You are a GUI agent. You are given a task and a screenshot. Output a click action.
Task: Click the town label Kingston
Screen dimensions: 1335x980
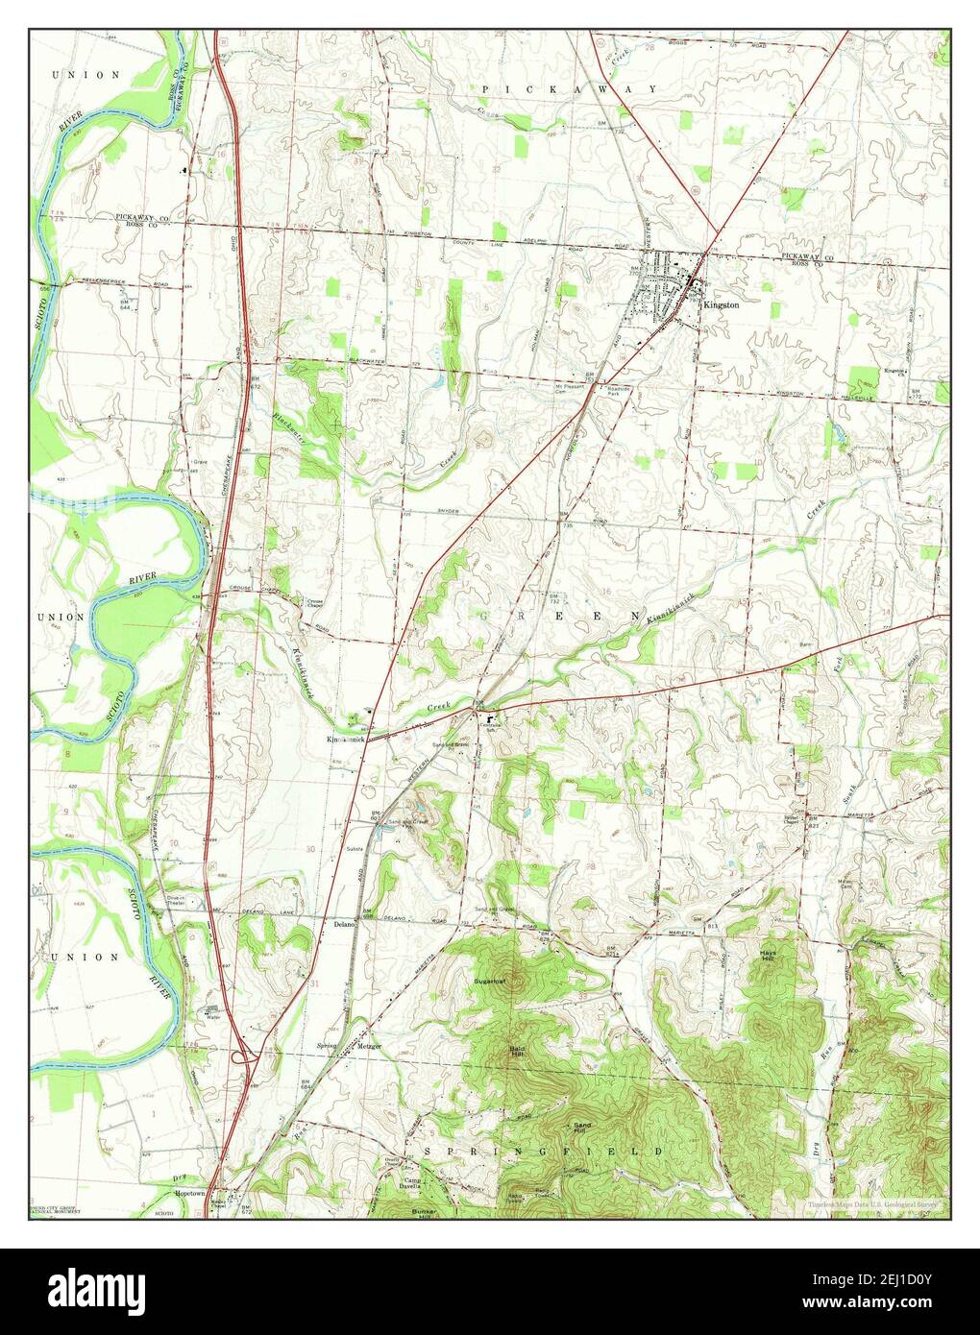click(x=722, y=303)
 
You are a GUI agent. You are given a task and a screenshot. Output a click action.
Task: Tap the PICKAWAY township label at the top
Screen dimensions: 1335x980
click(x=570, y=88)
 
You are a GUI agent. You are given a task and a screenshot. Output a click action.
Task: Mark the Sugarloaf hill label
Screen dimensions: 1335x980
click(x=490, y=981)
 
